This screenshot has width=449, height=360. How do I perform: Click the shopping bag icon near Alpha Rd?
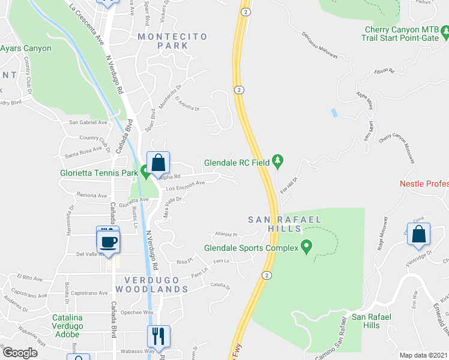[x=158, y=163]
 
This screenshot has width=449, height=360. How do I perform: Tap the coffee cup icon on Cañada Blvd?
[x=108, y=242]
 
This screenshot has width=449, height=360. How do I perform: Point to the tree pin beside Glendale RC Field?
[x=277, y=161]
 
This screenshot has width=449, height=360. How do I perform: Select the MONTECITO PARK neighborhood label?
[x=172, y=41]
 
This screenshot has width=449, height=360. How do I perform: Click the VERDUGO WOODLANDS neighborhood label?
[x=156, y=284]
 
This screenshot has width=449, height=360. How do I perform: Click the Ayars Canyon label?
[x=26, y=48]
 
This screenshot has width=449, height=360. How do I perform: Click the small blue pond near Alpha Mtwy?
[x=333, y=112]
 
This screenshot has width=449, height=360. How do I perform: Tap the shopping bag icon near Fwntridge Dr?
[x=418, y=236]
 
